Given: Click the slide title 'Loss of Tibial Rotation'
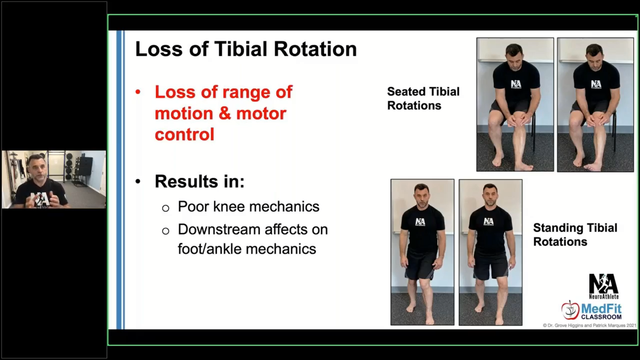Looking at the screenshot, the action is pyautogui.click(x=246, y=49).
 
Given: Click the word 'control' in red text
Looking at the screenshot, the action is pyautogui.click(x=184, y=134).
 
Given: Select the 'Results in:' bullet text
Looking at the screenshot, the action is pyautogui.click(x=200, y=182).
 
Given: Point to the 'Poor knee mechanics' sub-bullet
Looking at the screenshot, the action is pyautogui.click(x=249, y=207).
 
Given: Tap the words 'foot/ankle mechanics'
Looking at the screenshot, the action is pyautogui.click(x=247, y=249).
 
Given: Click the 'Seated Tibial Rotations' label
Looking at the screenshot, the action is pyautogui.click(x=423, y=99).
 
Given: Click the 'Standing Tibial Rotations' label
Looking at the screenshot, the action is pyautogui.click(x=575, y=235).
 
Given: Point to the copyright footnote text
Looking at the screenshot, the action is pyautogui.click(x=589, y=325).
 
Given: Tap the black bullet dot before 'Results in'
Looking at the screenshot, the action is pyautogui.click(x=138, y=182).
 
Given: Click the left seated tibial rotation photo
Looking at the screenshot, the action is pyautogui.click(x=515, y=105).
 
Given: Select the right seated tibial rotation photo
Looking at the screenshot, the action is pyautogui.click(x=595, y=105).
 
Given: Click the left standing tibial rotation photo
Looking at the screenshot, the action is pyautogui.click(x=422, y=252).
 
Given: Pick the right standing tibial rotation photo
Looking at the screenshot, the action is pyautogui.click(x=490, y=252).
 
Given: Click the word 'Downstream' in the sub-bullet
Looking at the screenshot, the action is pyautogui.click(x=219, y=229).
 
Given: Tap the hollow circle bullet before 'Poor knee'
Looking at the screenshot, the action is pyautogui.click(x=166, y=208).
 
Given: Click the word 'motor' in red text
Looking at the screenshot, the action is pyautogui.click(x=261, y=113).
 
